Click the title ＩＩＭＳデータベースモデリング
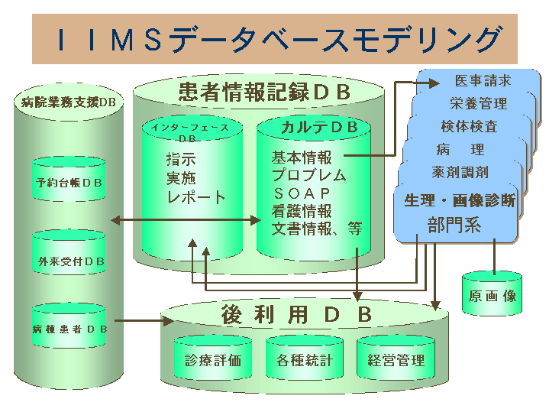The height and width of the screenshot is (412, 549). [273, 39]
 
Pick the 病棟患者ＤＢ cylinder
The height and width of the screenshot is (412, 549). [69, 329]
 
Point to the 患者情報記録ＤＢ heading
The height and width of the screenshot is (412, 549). [264, 92]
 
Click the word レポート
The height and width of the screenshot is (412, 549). [196, 197]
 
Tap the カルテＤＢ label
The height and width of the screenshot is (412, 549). [314, 128]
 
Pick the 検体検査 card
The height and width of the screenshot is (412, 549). [469, 126]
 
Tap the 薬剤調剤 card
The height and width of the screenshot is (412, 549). [460, 173]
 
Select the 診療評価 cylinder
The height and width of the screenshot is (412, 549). [213, 360]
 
